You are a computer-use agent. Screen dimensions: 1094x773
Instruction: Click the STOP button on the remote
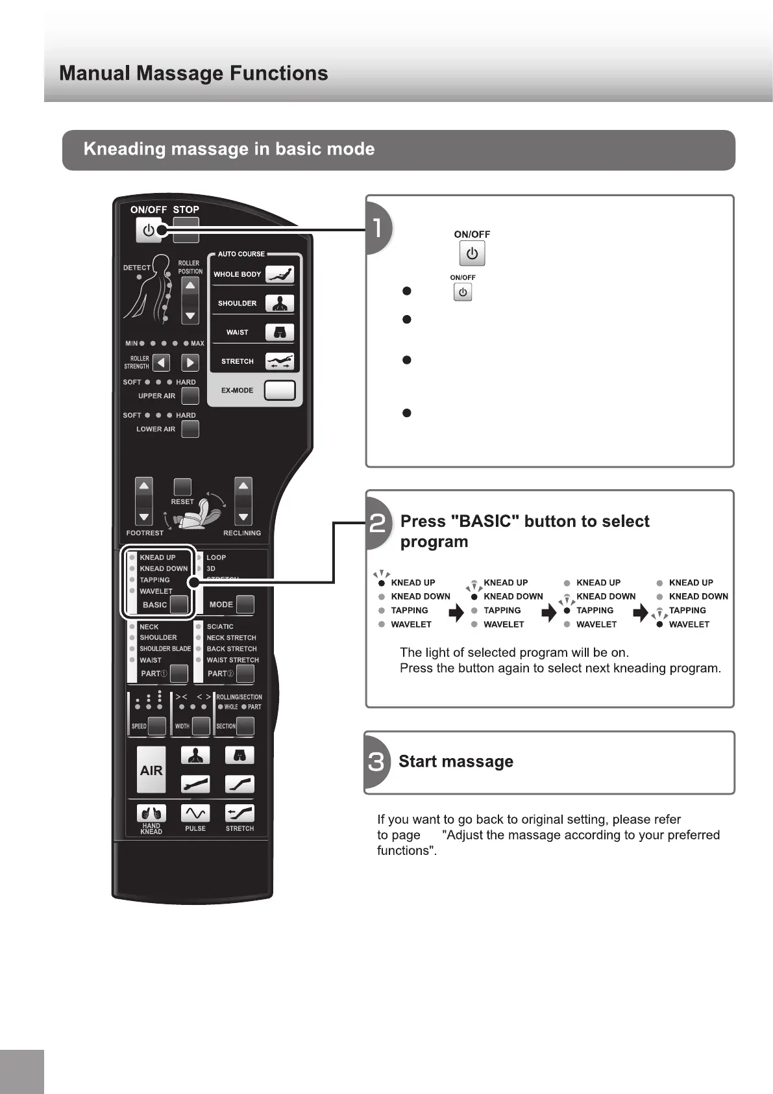tap(186, 229)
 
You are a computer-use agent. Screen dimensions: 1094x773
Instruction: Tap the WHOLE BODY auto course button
tap(280, 274)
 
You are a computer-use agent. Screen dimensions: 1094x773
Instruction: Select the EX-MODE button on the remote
tap(280, 390)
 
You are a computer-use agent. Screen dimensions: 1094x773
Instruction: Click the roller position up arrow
tap(190, 286)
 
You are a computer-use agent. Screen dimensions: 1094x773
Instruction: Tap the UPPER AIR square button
tap(190, 396)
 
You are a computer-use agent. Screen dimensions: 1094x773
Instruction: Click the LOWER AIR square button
tap(190, 429)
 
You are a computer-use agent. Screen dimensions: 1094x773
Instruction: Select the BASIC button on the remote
tap(178, 604)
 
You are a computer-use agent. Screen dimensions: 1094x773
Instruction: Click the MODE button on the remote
tap(245, 604)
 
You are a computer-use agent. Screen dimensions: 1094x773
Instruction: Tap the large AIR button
tap(151, 770)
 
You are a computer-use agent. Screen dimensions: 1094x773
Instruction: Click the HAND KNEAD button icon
tap(151, 813)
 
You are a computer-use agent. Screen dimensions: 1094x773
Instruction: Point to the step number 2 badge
tap(378, 523)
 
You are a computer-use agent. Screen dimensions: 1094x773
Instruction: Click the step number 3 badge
tap(376, 761)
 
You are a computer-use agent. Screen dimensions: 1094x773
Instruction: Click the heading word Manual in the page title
tap(95, 73)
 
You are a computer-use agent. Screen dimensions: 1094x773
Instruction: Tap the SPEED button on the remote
tap(157, 726)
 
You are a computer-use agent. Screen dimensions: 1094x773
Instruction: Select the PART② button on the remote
tap(245, 674)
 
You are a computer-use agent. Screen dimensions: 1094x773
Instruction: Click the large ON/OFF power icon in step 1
tap(472, 253)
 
